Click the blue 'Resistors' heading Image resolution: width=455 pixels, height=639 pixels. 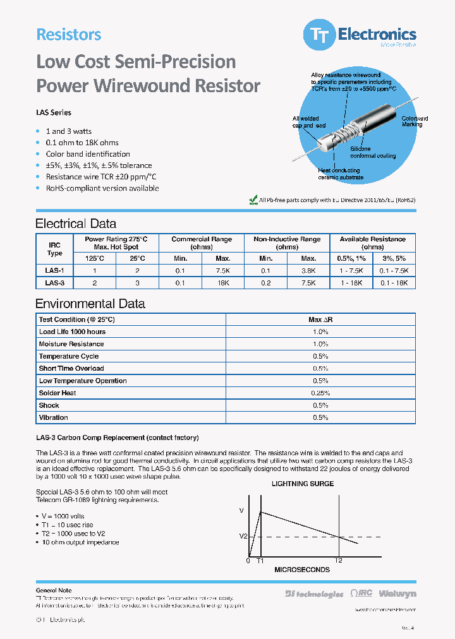tap(68, 35)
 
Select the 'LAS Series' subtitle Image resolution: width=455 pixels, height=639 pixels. tap(54, 112)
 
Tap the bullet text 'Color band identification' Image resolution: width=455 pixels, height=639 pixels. tap(88, 154)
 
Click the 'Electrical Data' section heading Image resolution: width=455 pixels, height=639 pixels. tap(76, 224)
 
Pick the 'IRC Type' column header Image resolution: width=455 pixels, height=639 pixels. tap(55, 249)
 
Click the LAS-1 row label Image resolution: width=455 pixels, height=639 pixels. tap(55, 270)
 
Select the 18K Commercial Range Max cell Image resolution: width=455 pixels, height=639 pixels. tap(222, 284)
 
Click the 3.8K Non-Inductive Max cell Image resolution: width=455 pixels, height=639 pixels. tap(308, 270)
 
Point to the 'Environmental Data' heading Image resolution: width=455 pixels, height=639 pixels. tap(90, 304)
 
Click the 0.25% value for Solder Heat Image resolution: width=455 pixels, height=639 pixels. tap(320, 393)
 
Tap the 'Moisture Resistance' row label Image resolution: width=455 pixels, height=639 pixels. tap(71, 344)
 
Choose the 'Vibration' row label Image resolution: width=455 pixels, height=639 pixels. tap(54, 417)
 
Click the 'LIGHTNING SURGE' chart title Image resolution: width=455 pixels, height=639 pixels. tap(303, 484)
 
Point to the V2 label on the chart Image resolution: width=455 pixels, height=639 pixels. tap(243, 537)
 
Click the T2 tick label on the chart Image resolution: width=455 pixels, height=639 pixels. tap(338, 560)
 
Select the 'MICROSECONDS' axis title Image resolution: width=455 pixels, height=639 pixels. tap(301, 570)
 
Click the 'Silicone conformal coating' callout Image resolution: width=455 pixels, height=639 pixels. tap(373, 152)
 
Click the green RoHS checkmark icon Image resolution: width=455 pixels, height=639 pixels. tap(253, 200)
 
